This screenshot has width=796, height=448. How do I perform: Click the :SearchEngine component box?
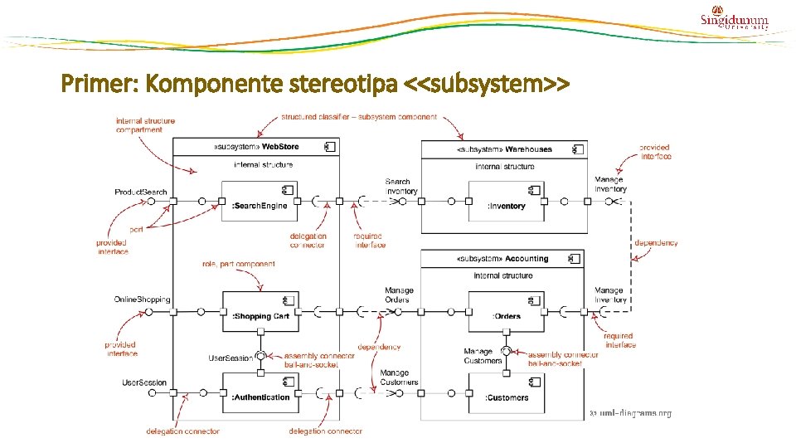pyautogui.click(x=259, y=200)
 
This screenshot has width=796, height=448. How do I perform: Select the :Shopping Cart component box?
pyautogui.click(x=259, y=310)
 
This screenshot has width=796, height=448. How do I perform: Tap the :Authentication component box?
pyautogui.click(x=259, y=392)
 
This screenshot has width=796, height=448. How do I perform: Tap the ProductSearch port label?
pyautogui.click(x=141, y=192)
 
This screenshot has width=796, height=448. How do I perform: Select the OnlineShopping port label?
pyautogui.click(x=143, y=299)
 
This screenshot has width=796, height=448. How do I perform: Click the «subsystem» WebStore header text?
pyautogui.click(x=256, y=147)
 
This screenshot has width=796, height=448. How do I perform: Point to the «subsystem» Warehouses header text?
pyautogui.click(x=503, y=149)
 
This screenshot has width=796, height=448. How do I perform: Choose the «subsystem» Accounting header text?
pyautogui.click(x=502, y=258)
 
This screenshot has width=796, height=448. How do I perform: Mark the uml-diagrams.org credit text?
pyautogui.click(x=630, y=413)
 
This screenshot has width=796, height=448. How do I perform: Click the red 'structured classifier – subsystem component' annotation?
pyautogui.click(x=359, y=117)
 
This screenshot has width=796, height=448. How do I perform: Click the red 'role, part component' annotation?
pyautogui.click(x=239, y=264)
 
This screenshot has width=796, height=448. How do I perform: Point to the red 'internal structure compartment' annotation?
pyautogui.click(x=146, y=125)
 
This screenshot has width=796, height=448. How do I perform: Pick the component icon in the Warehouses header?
pyautogui.click(x=577, y=149)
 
